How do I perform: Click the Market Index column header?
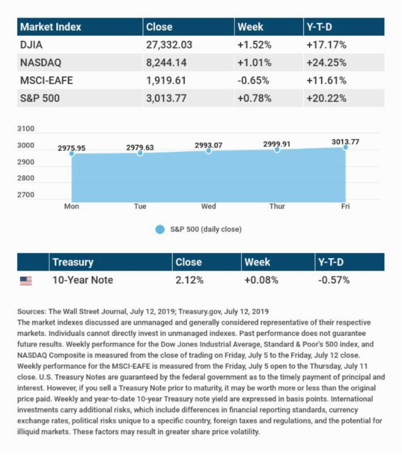click(x=50, y=27)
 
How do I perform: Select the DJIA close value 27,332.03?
click(x=169, y=45)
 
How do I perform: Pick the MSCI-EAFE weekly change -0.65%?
click(x=254, y=80)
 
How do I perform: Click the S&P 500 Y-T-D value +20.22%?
click(x=326, y=98)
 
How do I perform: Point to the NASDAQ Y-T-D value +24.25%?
click(x=326, y=63)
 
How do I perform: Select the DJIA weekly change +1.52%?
click(x=254, y=45)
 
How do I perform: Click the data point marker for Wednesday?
click(x=209, y=151)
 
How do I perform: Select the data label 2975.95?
click(x=71, y=148)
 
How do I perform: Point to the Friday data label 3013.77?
click(x=345, y=142)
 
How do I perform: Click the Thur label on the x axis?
click(x=277, y=206)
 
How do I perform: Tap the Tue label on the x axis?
click(x=140, y=206)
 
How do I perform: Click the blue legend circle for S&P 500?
click(x=160, y=230)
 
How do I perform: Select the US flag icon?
click(x=26, y=281)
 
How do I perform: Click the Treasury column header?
click(x=73, y=262)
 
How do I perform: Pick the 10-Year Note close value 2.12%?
click(x=189, y=280)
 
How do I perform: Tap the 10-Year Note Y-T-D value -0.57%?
click(x=334, y=280)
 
